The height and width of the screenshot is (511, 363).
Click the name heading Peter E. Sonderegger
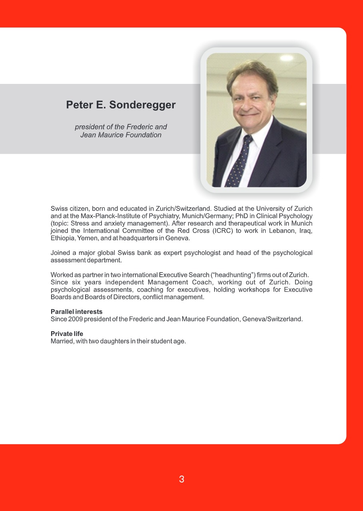121,105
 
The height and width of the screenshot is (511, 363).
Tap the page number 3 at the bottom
182,479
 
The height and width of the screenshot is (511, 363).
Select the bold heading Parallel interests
76,312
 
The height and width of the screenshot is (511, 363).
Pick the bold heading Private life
67,334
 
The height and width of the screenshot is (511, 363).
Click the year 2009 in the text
75,319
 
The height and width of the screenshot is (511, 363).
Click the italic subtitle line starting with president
121,127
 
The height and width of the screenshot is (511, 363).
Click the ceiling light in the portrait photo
286,58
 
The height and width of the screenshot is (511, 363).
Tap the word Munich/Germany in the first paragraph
207,216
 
